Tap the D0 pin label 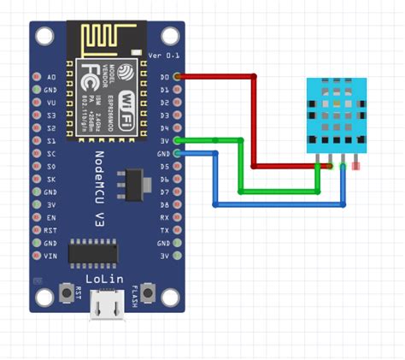click(165, 77)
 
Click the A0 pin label click(50, 77)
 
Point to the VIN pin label click(50, 256)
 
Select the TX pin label click(165, 230)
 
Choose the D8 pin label click(165, 204)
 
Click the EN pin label click(50, 217)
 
